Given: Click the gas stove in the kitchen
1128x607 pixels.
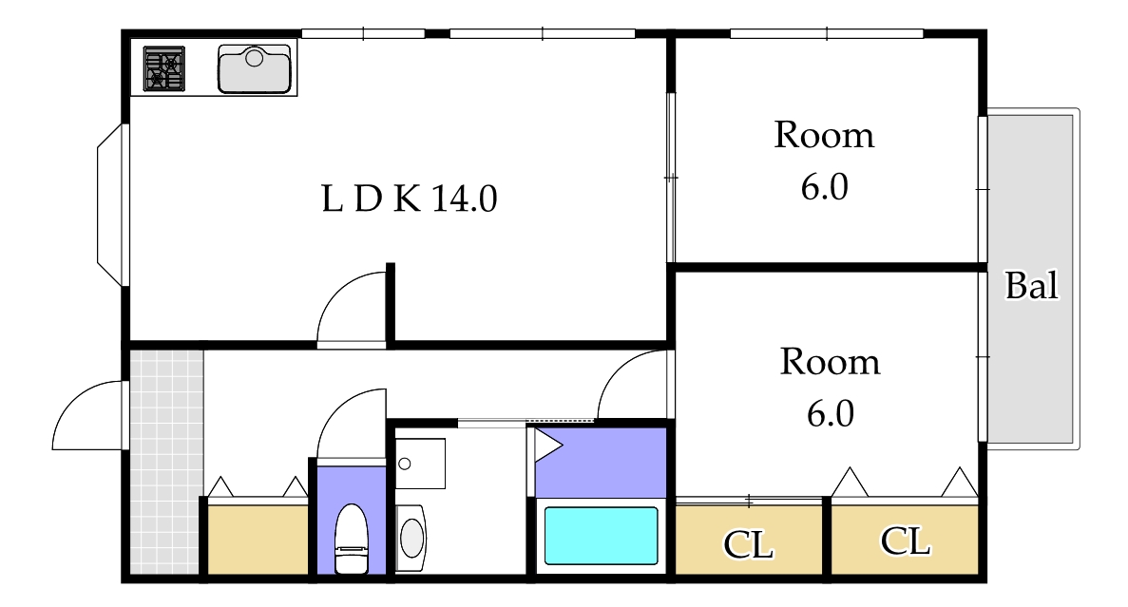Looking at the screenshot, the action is click(164, 69).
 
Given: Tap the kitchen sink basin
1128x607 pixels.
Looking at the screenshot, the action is click(255, 69).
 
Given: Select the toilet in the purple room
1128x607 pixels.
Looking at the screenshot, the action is click(352, 538).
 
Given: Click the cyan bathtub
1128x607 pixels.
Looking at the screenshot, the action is click(601, 535).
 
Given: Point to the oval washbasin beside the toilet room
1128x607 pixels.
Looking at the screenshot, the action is click(411, 538).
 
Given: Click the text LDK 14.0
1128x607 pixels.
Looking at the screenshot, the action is click(410, 199).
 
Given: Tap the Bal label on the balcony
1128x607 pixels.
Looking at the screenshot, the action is click(1032, 286).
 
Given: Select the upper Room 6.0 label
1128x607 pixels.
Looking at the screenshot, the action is click(825, 161).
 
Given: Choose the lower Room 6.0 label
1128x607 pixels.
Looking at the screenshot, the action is click(831, 387).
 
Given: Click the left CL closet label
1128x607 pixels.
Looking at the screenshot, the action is click(748, 544).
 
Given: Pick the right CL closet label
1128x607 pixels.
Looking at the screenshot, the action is click(905, 541).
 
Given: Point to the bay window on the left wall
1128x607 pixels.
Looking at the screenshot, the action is click(112, 205).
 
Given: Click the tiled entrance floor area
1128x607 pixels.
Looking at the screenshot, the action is click(164, 462).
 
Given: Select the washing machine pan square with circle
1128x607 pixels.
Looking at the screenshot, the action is click(420, 464).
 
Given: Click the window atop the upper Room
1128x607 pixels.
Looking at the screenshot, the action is click(827, 33).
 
